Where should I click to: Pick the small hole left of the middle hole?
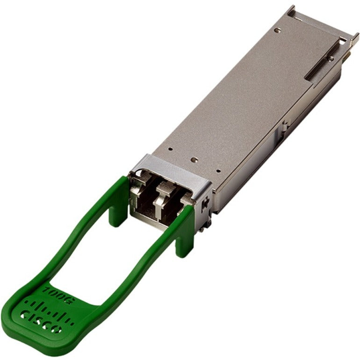(x=170, y=150)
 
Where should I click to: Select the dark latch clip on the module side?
(x=204, y=203)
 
